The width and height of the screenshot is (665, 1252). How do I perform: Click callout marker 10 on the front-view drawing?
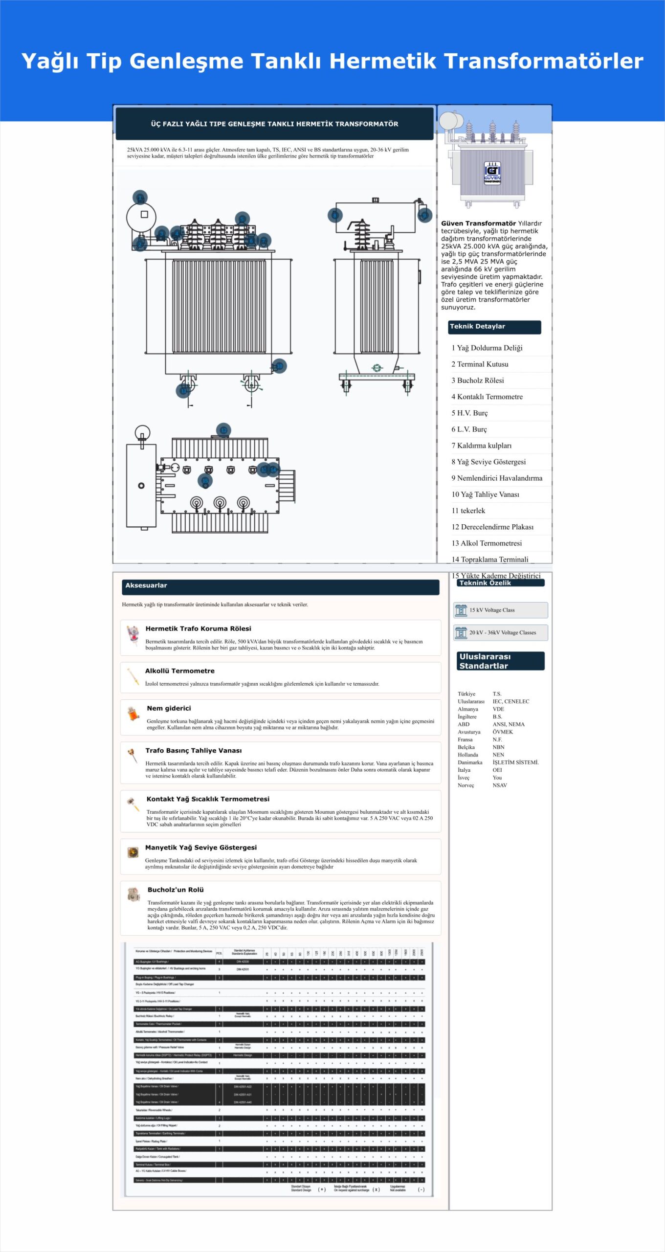click(279, 366)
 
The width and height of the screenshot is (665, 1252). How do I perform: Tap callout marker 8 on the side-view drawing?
click(335, 215)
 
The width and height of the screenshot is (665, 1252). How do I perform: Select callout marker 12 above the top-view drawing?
click(223, 430)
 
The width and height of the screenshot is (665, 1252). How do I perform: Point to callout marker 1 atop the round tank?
click(140, 198)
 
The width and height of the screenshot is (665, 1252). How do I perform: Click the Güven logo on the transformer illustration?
click(492, 172)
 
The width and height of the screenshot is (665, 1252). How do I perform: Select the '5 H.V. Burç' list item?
click(469, 413)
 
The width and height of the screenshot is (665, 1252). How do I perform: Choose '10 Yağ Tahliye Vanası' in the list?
click(485, 494)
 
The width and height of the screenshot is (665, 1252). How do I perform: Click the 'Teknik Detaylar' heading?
click(477, 327)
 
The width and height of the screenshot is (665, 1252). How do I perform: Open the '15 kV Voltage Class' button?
click(500, 610)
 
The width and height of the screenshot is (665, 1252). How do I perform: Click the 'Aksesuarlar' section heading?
click(146, 585)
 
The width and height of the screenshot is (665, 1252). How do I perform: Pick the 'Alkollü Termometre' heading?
click(179, 671)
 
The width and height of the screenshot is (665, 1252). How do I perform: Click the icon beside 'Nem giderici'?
click(133, 714)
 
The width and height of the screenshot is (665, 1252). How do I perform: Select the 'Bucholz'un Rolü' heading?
click(176, 890)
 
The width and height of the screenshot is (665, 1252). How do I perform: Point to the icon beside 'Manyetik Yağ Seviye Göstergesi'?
click(133, 852)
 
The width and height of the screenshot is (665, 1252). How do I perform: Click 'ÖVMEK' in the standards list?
click(503, 732)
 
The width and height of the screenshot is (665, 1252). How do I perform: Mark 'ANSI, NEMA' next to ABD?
click(509, 724)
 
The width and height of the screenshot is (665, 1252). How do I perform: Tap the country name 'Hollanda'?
click(468, 755)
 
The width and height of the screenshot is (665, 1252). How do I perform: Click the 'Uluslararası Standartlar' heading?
click(485, 661)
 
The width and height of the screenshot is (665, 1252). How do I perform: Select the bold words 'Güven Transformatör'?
click(478, 224)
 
